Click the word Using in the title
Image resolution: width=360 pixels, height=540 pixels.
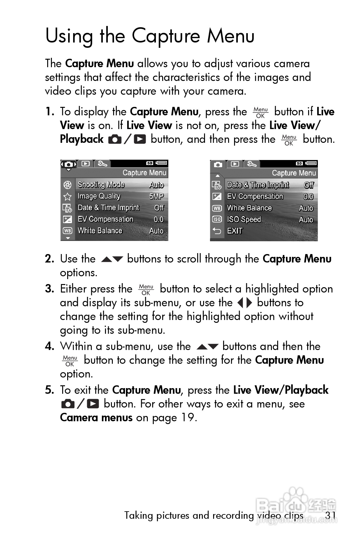click(x=69, y=36)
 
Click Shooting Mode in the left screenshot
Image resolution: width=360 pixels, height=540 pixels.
click(x=101, y=185)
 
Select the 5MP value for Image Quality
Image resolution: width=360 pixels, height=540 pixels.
click(x=156, y=196)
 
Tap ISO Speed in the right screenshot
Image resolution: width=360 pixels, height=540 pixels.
click(x=244, y=219)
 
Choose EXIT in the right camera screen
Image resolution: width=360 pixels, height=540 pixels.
click(x=235, y=231)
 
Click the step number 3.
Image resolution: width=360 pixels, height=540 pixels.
click(x=49, y=289)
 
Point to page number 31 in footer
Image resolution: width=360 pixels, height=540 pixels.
click(x=330, y=515)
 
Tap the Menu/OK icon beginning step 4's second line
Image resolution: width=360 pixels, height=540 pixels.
click(x=70, y=361)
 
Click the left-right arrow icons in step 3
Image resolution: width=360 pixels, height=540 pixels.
click(x=244, y=303)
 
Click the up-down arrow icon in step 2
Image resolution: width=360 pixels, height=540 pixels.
click(x=112, y=259)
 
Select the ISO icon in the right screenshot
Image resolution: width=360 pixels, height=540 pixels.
click(x=217, y=219)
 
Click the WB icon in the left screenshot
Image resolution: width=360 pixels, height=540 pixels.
click(x=67, y=231)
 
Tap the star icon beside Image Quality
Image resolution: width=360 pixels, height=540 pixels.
click(x=67, y=196)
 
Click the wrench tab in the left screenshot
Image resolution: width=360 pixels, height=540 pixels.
click(x=102, y=163)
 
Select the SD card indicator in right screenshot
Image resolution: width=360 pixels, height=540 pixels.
click(x=299, y=163)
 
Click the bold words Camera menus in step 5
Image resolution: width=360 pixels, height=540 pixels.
click(x=96, y=417)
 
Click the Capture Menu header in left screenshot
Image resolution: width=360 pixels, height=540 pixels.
click(x=144, y=173)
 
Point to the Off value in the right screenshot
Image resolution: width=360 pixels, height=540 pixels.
click(x=308, y=185)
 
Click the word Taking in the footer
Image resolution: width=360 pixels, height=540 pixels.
click(x=139, y=515)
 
